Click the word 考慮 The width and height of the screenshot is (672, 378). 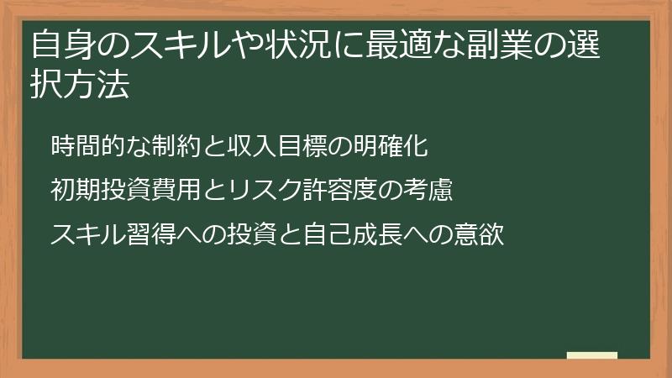tap(429, 191)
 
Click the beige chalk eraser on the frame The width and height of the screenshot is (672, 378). tap(592, 356)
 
